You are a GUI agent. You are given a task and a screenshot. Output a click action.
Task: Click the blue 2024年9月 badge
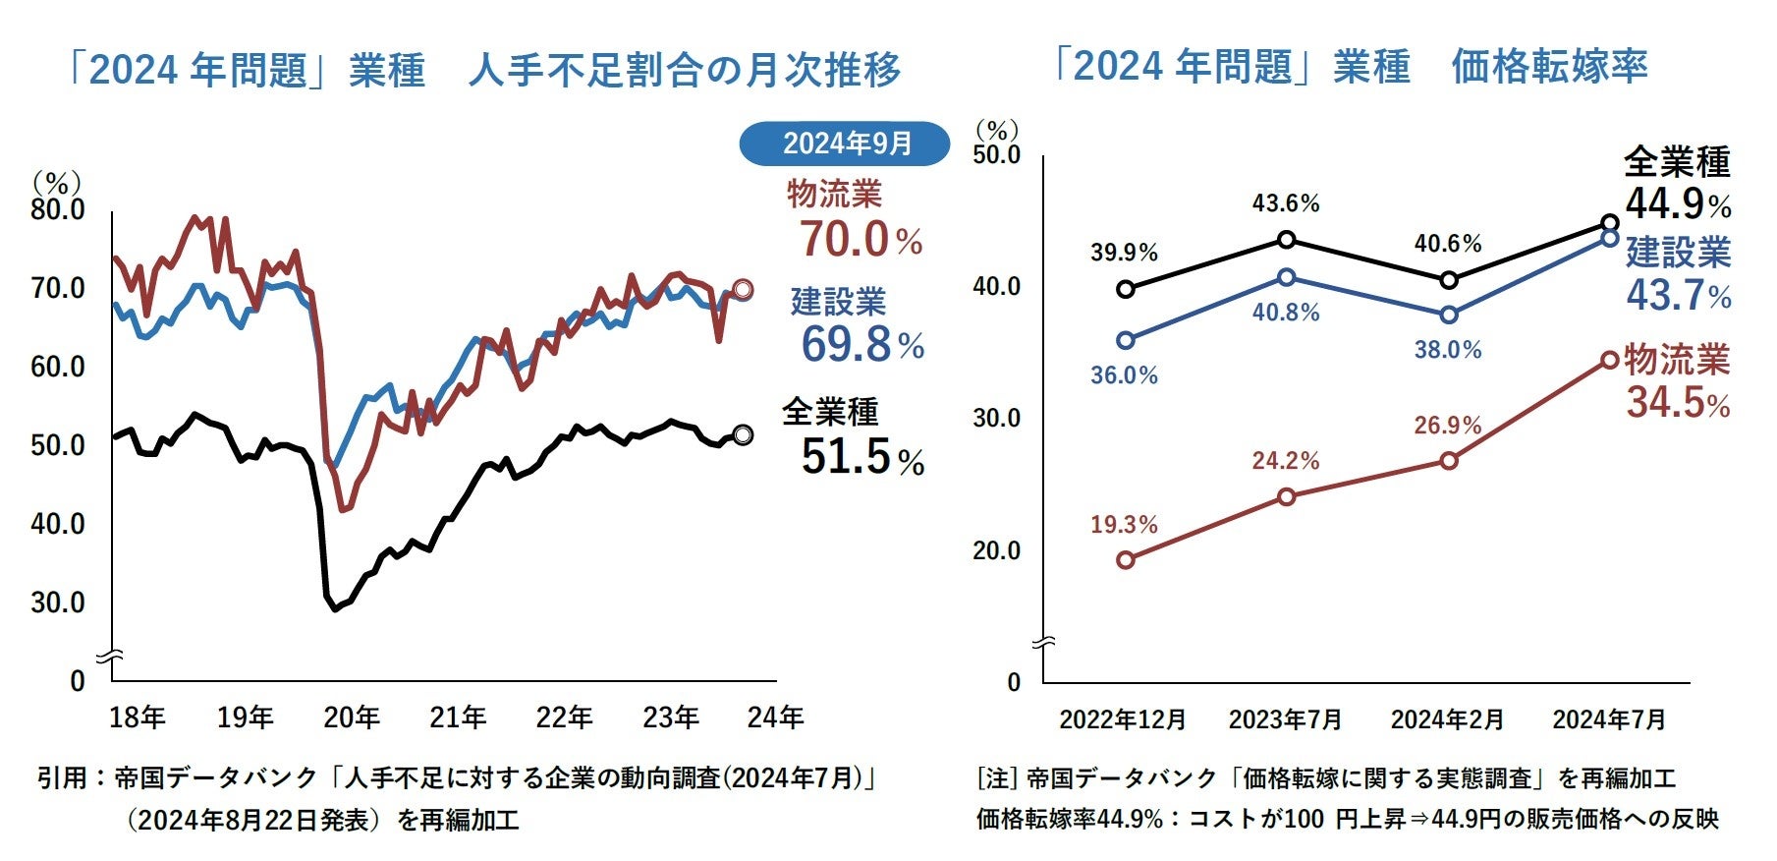[845, 143]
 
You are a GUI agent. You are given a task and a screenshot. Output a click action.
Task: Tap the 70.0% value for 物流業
[860, 240]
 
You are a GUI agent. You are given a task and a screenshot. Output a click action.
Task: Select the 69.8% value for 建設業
[861, 345]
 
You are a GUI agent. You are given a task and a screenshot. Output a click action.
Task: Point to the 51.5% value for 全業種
[861, 457]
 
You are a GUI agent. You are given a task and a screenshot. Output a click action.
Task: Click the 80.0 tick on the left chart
[58, 210]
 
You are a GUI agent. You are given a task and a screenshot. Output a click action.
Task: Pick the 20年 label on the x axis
[351, 717]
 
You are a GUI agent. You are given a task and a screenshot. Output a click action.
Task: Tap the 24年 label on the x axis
[775, 717]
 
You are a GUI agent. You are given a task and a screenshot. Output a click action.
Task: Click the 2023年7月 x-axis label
[1285, 719]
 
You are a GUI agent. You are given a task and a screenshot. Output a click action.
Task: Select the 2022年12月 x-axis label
[1123, 719]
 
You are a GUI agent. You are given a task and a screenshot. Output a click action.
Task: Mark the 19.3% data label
[1124, 525]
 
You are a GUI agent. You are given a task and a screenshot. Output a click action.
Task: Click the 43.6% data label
[1285, 203]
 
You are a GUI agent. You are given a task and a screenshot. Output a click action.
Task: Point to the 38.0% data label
[1447, 350]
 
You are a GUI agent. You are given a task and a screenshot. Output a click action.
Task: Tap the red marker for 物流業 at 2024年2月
[1449, 461]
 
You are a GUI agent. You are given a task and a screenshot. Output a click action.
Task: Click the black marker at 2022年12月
[1126, 289]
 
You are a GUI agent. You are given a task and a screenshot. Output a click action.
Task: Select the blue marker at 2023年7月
[1287, 277]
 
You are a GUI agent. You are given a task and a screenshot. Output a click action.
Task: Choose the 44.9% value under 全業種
[1677, 204]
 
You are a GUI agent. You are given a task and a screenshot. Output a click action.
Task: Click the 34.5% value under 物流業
[1677, 403]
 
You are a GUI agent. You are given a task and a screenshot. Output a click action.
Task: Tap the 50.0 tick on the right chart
[996, 155]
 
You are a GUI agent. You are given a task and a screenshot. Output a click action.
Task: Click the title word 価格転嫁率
[1549, 67]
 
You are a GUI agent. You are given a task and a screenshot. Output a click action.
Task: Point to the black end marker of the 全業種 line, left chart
[743, 434]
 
